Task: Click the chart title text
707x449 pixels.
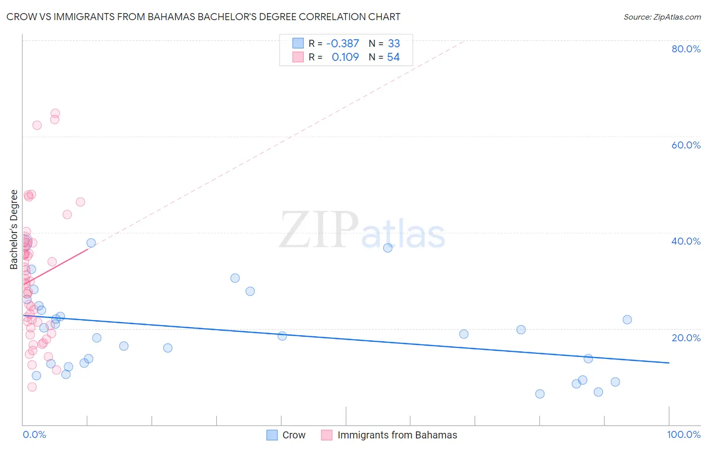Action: tap(203, 17)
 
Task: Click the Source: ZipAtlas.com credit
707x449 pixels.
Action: tap(662, 17)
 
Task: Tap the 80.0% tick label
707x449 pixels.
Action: tap(686, 49)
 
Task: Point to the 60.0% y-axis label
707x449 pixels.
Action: tap(686, 145)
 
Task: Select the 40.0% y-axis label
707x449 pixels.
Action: tap(686, 241)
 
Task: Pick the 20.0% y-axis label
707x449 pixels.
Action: tap(686, 337)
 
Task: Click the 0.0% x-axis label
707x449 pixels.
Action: tap(34, 434)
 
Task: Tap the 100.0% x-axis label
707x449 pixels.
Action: tap(683, 434)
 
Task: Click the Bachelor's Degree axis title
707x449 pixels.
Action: tap(14, 230)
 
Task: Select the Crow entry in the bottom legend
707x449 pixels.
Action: tap(294, 435)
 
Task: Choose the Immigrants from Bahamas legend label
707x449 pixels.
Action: tap(397, 435)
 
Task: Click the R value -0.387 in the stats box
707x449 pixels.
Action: tap(342, 44)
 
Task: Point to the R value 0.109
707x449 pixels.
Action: tap(345, 57)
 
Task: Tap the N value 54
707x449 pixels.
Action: tap(393, 57)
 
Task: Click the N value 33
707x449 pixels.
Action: tap(394, 44)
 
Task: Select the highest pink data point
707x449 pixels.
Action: tap(55, 114)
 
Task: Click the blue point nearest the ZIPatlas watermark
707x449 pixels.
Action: tap(388, 248)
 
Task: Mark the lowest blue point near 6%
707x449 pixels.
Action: tap(540, 394)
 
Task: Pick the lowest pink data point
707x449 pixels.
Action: tap(32, 387)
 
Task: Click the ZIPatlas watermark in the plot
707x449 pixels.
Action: tap(362, 231)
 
